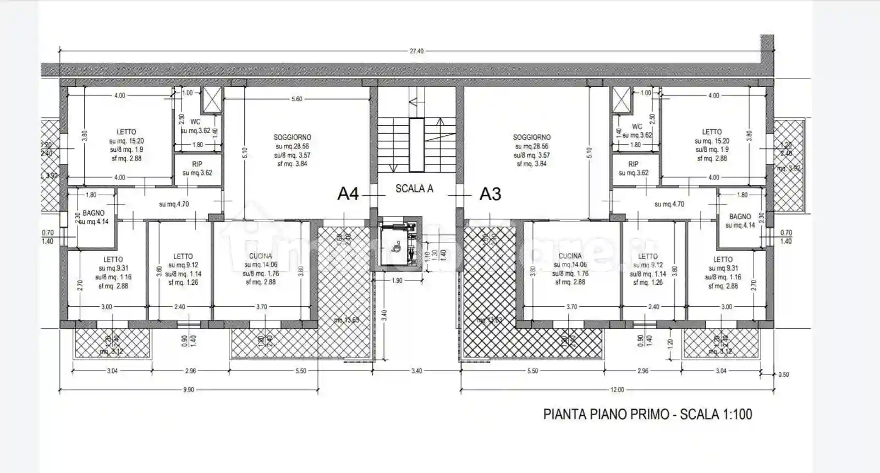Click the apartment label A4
[x=348, y=194]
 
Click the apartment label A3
[x=490, y=194]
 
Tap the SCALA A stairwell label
[x=414, y=189]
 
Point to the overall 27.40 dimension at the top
[x=416, y=51]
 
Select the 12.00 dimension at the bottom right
[x=617, y=390]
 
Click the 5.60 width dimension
[x=297, y=99]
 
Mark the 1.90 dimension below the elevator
[x=397, y=280]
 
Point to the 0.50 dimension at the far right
[x=784, y=375]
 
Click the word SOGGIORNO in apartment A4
[x=292, y=137]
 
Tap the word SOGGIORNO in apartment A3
[x=531, y=137]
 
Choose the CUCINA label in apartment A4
[x=261, y=256]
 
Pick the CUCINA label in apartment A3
[x=570, y=256]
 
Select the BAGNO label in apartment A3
[x=740, y=217]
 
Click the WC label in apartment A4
[x=195, y=122]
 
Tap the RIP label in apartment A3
[x=634, y=164]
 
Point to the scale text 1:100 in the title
[x=734, y=414]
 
